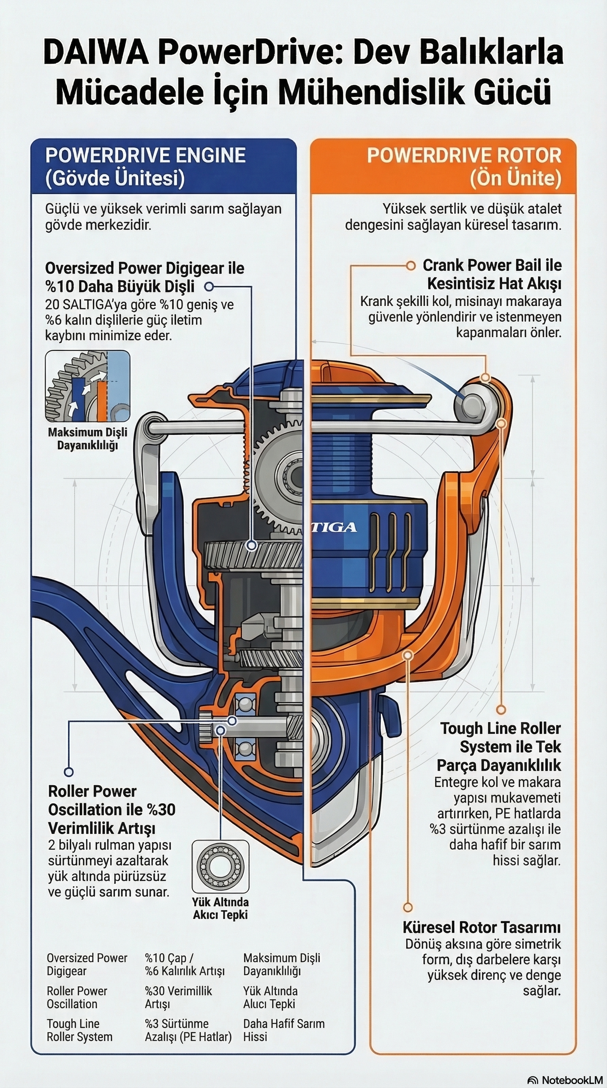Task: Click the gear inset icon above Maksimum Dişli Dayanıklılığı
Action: coord(87,386)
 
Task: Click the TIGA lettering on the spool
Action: coord(336,527)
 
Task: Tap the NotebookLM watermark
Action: coord(566,1080)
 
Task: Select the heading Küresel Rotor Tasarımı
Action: coord(481,927)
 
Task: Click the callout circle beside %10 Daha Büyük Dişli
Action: coord(209,287)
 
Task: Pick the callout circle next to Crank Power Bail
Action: coord(410,266)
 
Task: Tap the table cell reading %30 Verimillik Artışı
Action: coord(178,997)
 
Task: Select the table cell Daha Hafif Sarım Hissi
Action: coord(283,1030)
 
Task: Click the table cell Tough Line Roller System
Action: coord(79,1030)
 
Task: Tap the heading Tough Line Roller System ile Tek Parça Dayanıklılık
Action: coord(500,747)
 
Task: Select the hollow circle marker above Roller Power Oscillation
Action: coord(69,772)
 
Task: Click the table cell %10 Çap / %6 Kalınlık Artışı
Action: coord(185,964)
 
